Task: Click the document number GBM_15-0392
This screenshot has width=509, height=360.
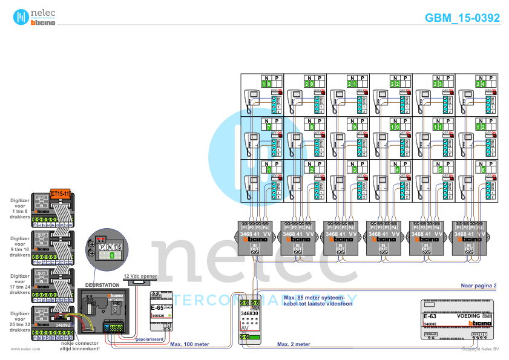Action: click(462, 18)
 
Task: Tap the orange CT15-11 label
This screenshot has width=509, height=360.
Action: click(61, 193)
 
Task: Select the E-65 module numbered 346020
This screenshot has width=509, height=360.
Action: click(160, 311)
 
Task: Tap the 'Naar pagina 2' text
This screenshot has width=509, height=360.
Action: click(478, 284)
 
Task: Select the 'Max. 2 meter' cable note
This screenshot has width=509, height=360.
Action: click(294, 344)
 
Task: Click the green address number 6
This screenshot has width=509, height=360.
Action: click(481, 170)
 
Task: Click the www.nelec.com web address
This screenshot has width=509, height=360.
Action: click(25, 349)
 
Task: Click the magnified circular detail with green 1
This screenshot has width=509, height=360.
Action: click(109, 248)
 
